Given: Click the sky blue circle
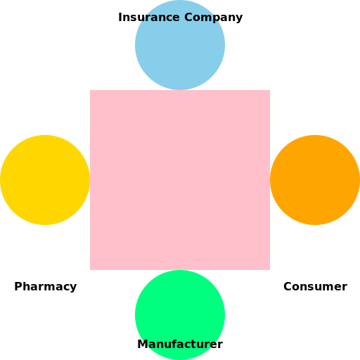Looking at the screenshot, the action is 180,45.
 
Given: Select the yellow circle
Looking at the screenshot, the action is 45,180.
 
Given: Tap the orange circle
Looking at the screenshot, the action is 315,180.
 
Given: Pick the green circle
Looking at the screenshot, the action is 180,315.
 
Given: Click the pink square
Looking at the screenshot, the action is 180,180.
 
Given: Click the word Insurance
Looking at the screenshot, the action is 149,18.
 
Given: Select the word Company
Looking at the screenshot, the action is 213,18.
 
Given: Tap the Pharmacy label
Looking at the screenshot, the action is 46,287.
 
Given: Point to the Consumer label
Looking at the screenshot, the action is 315,287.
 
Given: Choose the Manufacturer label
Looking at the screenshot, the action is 180,344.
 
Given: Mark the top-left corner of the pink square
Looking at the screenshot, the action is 90,90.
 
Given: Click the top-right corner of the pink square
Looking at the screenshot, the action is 270,90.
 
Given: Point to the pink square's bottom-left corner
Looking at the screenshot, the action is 90,270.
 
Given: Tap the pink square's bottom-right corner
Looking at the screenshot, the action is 270,270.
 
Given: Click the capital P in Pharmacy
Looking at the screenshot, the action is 18,286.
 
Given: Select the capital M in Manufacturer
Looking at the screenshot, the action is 143,344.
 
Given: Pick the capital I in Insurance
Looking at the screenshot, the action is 120,18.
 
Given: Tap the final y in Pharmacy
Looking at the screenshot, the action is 73,288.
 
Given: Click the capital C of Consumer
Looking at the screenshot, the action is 288,287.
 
